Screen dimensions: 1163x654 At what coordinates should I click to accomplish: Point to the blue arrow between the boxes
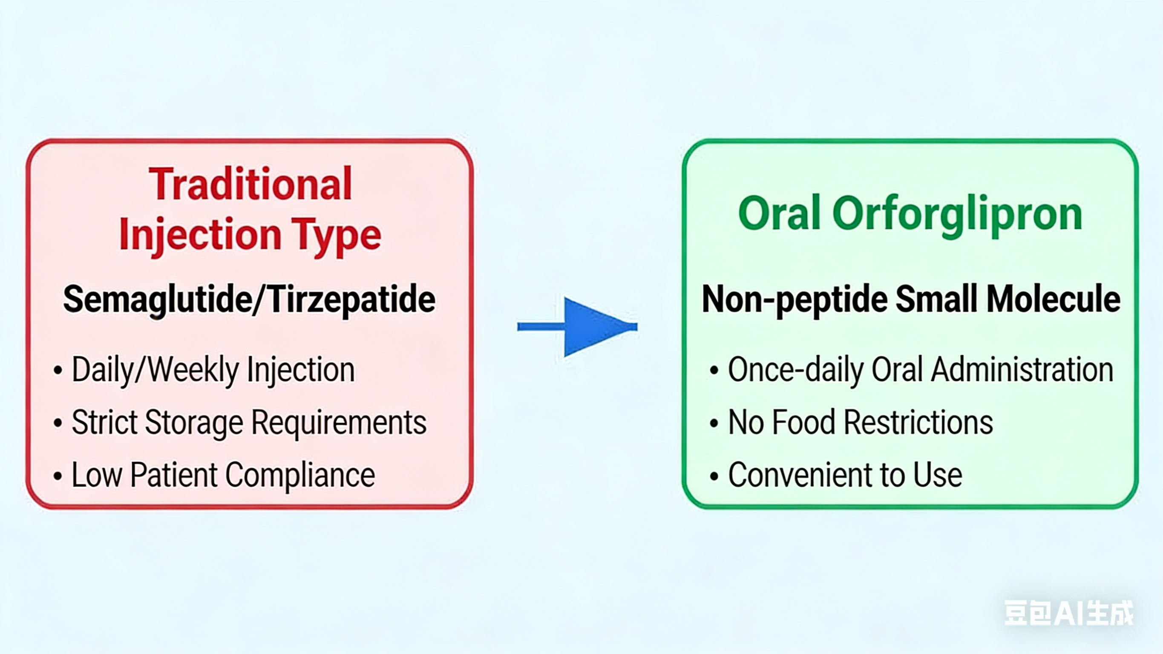pos(577,326)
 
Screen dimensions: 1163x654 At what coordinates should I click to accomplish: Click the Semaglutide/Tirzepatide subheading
pos(249,300)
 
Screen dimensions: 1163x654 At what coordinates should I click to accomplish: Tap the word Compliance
pos(300,475)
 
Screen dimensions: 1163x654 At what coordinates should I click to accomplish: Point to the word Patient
pos(174,475)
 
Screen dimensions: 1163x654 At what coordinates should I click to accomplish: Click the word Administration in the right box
pos(1022,369)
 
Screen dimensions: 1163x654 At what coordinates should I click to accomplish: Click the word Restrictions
pos(918,422)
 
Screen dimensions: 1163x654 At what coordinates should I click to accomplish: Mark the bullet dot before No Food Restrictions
pos(714,423)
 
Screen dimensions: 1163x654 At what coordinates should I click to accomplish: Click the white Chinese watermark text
pos(1069,613)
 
